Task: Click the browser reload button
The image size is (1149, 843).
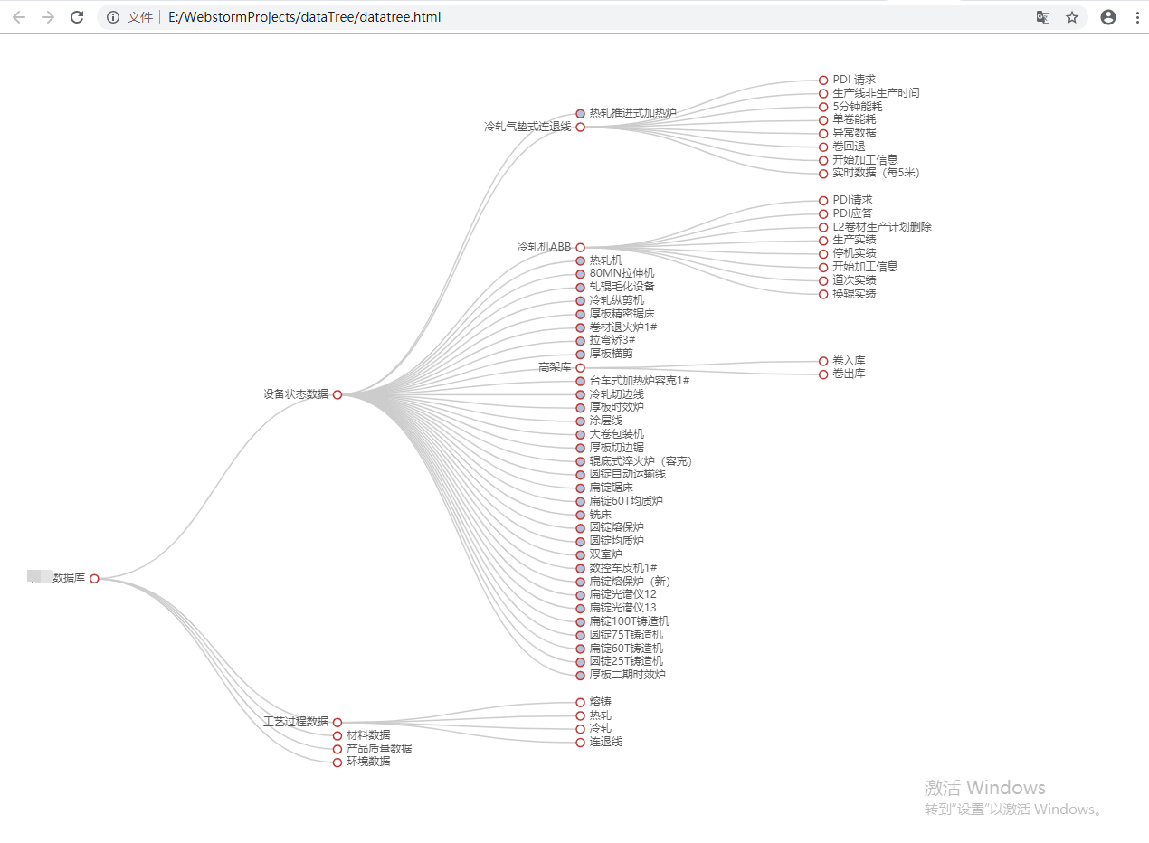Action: [77, 17]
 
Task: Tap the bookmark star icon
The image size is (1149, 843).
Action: [1072, 17]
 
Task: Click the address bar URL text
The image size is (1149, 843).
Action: [304, 17]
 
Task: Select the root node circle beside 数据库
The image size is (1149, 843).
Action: [94, 579]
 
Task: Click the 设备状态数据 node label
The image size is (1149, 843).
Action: [295, 394]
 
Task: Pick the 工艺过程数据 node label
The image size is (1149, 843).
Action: [295, 722]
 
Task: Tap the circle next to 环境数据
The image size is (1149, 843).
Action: [337, 762]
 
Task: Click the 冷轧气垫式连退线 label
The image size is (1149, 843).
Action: [527, 128]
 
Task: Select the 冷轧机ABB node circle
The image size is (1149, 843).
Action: [581, 247]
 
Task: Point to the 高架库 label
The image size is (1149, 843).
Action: [555, 367]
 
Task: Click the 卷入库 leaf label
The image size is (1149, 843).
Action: [849, 361]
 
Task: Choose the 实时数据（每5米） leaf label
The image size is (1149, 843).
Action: [876, 173]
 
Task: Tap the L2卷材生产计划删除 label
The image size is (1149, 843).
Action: [882, 227]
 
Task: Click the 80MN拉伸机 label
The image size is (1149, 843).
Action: [622, 273]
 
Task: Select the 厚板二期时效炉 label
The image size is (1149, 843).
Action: [627, 675]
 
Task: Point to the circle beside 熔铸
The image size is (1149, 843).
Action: [581, 702]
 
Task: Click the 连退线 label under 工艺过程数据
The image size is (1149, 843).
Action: [605, 742]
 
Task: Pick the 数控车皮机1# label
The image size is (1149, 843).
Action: [622, 568]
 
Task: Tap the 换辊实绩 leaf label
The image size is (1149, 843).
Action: [854, 294]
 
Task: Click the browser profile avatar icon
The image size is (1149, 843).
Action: [1108, 17]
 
